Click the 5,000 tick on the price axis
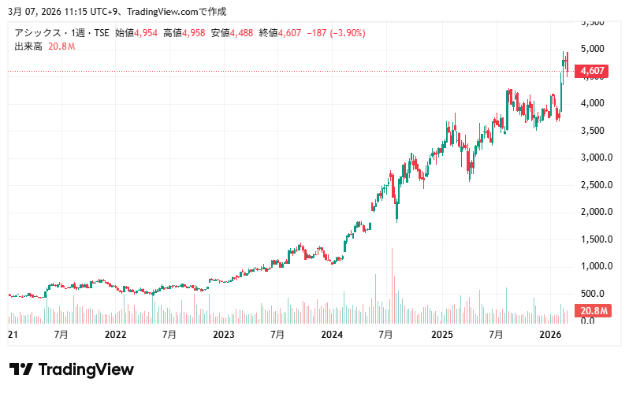(x=592, y=49)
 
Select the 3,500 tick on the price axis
(x=592, y=131)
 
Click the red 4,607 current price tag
(x=592, y=71)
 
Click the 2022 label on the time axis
(x=115, y=335)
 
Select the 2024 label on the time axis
(x=332, y=335)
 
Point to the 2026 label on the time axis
(x=549, y=335)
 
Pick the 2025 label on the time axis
(x=441, y=335)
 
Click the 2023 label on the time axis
(x=224, y=335)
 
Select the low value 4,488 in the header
(x=244, y=33)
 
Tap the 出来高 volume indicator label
(x=28, y=47)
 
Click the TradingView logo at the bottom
(x=71, y=370)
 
